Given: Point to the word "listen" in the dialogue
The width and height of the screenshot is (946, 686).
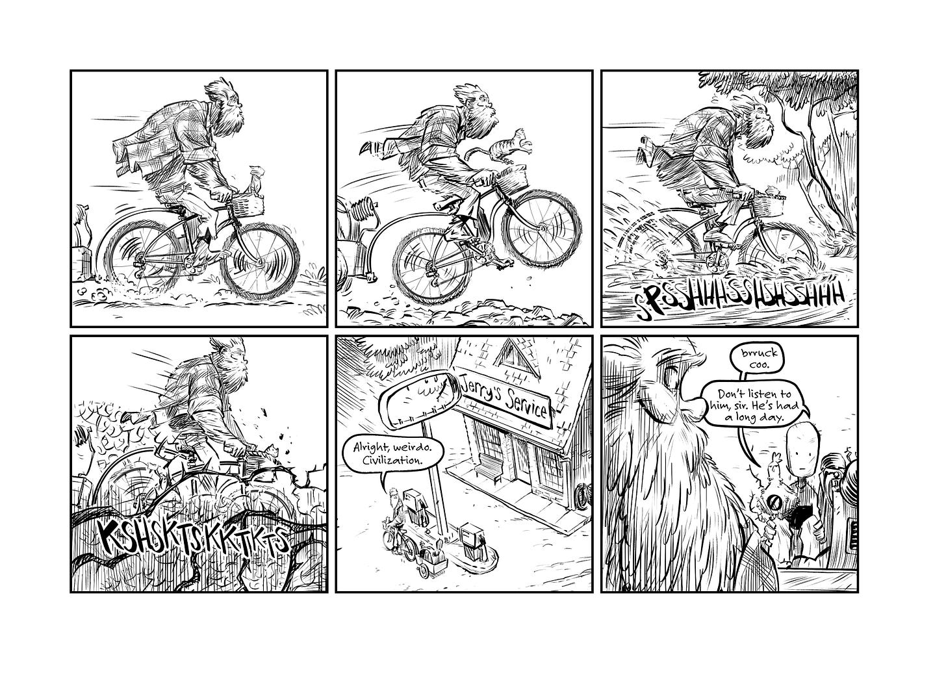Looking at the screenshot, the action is click(x=763, y=394).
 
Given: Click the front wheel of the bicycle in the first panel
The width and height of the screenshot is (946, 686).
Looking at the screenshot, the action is click(x=260, y=261).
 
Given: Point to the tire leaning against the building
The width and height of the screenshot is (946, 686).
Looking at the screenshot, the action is click(x=582, y=498).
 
